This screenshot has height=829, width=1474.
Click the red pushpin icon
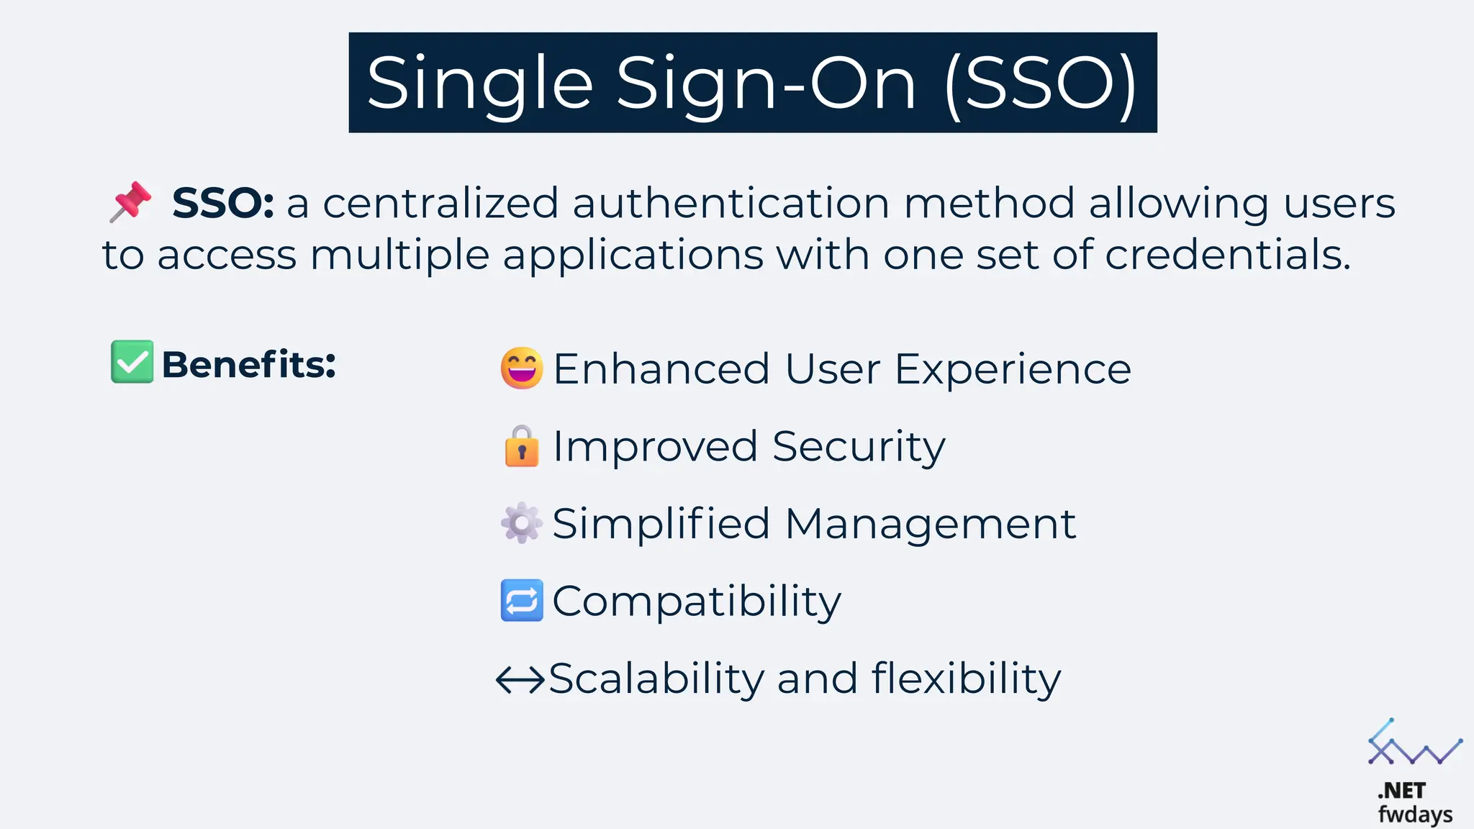tap(130, 201)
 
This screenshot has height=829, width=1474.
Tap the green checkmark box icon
tap(132, 361)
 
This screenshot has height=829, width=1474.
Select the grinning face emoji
tap(521, 368)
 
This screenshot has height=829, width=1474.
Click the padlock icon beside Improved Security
tap(522, 446)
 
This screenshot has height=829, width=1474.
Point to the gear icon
tap(521, 522)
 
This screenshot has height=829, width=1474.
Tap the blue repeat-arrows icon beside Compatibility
tap(521, 600)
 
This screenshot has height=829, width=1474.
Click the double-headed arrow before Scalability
tap(520, 679)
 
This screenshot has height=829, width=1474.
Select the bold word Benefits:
tap(248, 364)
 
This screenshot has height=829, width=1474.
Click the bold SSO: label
tap(222, 204)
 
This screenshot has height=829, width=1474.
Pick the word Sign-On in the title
tap(767, 84)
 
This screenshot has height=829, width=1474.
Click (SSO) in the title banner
tap(1041, 84)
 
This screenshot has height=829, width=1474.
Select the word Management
tap(930, 523)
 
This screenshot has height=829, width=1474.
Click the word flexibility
tap(966, 679)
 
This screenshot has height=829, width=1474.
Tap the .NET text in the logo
tap(1401, 791)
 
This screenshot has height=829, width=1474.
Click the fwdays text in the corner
tap(1415, 814)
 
